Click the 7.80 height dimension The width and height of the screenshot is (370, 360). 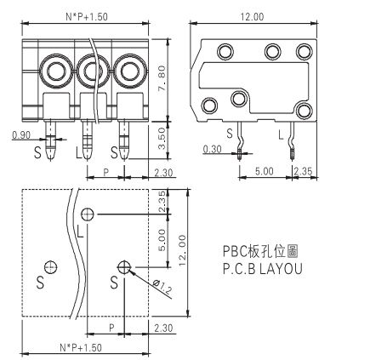(162, 78)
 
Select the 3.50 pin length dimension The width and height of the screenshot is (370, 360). (162, 139)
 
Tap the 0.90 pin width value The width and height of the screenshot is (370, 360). (21, 135)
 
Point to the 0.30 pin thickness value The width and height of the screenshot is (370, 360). (212, 149)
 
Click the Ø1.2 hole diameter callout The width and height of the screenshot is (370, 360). (162, 286)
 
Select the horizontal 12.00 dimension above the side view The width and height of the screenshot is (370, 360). (252, 17)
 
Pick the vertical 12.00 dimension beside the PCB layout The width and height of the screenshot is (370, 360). (182, 250)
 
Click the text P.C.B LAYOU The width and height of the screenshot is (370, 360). (263, 269)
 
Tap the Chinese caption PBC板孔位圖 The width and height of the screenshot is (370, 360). (260, 251)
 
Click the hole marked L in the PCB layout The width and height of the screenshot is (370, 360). (88, 214)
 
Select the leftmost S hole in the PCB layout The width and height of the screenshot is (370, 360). (51, 267)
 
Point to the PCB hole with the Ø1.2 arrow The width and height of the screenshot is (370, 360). (124, 267)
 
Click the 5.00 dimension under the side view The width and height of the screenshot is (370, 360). (265, 171)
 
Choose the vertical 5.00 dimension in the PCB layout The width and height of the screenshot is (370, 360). (162, 240)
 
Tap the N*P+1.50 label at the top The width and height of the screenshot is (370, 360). (87, 17)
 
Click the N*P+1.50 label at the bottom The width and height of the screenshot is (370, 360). (81, 347)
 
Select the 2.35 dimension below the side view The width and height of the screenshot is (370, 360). (303, 171)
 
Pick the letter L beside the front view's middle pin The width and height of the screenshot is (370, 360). (79, 152)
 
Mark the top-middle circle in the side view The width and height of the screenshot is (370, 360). (273, 52)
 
